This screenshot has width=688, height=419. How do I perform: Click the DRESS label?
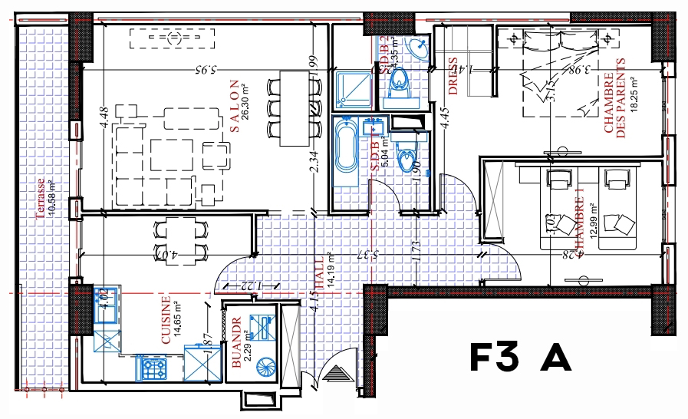coord(453,76)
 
